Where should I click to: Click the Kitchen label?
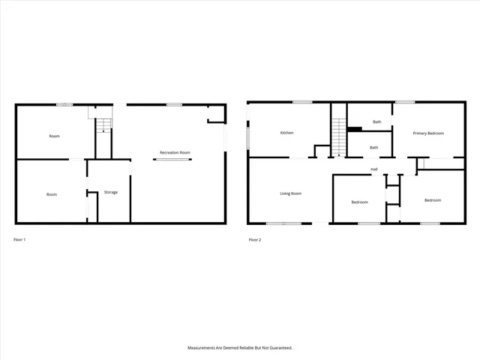286,133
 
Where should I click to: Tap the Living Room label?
290,193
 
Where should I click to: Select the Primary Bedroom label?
428,133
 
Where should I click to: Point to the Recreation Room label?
175,152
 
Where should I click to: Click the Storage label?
110,192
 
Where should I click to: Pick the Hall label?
373,169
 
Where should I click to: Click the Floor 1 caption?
19,240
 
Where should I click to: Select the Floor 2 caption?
254,240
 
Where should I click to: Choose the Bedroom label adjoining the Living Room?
358,202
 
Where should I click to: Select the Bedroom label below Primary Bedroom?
432,200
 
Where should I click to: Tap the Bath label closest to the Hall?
373,148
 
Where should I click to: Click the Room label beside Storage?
52,194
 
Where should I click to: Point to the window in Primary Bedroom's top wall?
405,102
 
